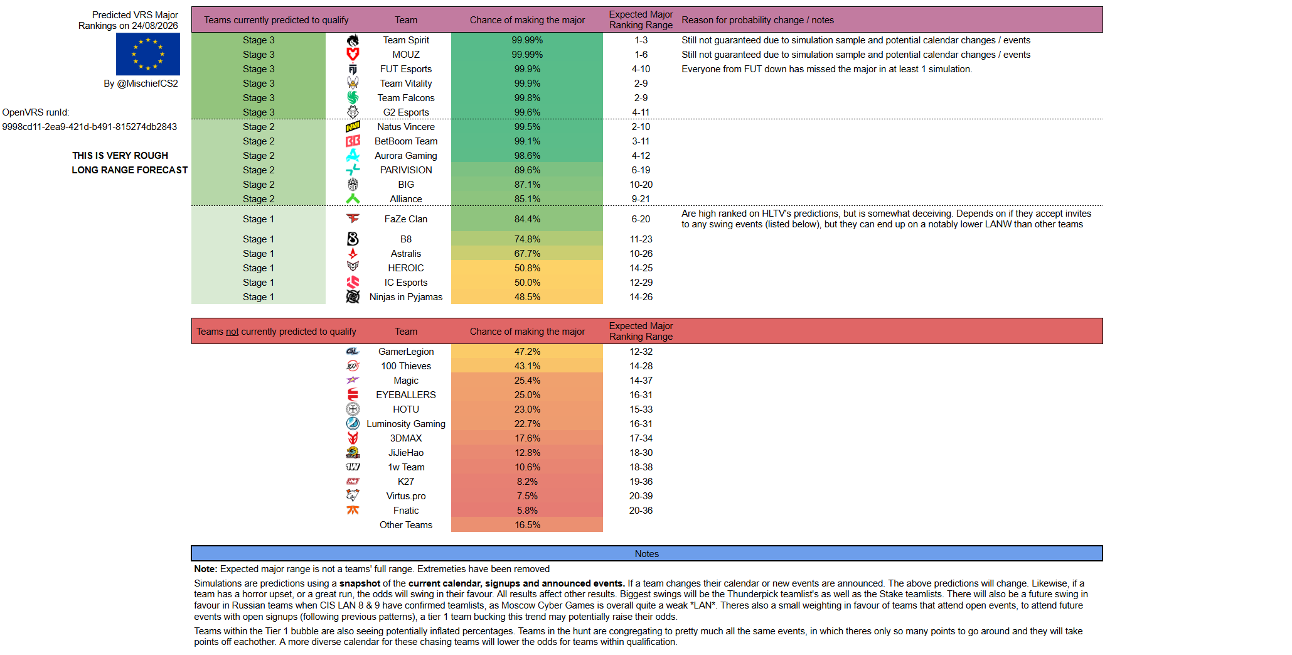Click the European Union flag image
click(x=148, y=54)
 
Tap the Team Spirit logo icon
click(x=353, y=40)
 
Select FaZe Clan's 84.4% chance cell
click(x=527, y=219)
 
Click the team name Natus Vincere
click(x=406, y=127)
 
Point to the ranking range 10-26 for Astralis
click(x=641, y=254)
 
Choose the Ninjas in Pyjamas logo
click(x=353, y=297)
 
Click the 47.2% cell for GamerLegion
click(x=527, y=352)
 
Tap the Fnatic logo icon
click(x=353, y=511)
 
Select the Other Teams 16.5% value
click(x=527, y=525)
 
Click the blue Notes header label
click(x=646, y=554)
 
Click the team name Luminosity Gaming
click(x=406, y=424)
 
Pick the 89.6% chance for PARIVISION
click(x=527, y=170)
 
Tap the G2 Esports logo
click(x=353, y=112)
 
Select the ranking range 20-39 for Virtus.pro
click(x=641, y=496)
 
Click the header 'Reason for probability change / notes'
click(x=758, y=20)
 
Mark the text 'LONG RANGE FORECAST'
click(x=130, y=170)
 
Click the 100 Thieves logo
click(x=353, y=366)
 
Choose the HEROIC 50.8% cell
click(x=527, y=268)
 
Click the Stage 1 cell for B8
click(x=259, y=239)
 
